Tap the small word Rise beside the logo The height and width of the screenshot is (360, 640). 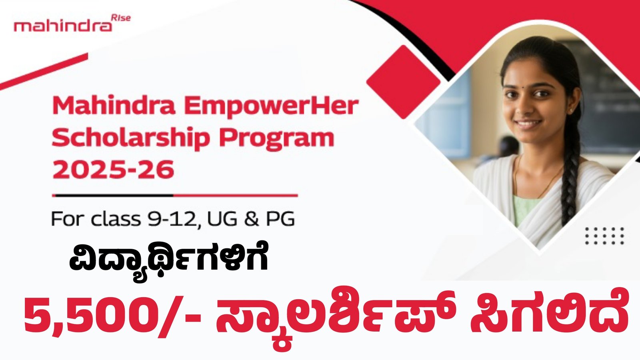pos(121,18)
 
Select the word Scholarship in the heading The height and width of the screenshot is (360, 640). pos(131,138)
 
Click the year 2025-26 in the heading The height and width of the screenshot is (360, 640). pos(114,169)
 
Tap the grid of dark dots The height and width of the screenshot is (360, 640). pos(604,236)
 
